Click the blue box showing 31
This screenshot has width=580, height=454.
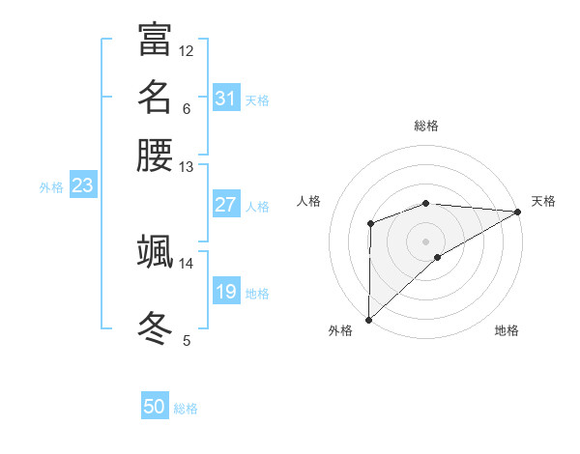(x=226, y=99)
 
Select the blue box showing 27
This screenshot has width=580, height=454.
(x=226, y=205)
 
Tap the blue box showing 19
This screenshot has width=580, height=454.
(x=226, y=292)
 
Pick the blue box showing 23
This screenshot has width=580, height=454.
(x=82, y=186)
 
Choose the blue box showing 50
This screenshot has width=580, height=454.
(x=155, y=407)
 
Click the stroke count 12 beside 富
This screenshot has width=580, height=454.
(x=187, y=50)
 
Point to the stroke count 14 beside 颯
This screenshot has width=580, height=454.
(x=187, y=263)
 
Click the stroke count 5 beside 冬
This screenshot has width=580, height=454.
(x=187, y=340)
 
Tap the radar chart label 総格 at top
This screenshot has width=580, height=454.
(x=426, y=126)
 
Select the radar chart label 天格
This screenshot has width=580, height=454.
(x=543, y=201)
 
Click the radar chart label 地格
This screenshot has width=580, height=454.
(x=507, y=330)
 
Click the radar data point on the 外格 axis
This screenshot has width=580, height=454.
(x=368, y=319)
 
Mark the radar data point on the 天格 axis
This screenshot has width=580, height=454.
(x=517, y=212)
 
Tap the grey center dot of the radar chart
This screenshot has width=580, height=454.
(x=426, y=241)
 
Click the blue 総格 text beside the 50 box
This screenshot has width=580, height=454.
(x=186, y=409)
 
